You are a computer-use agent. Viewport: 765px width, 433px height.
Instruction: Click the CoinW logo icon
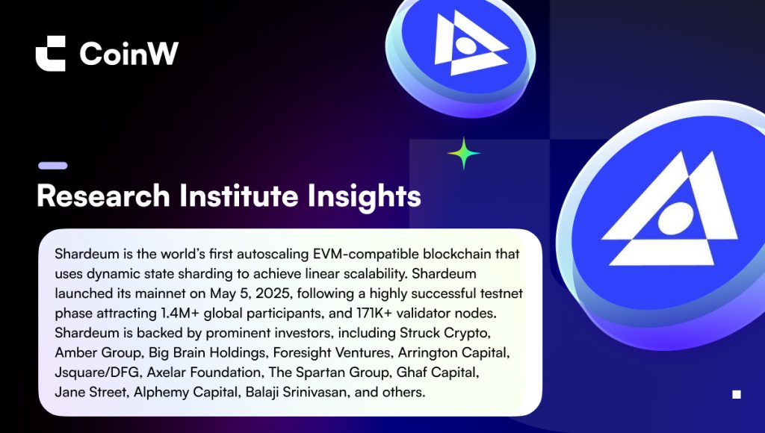[51, 53]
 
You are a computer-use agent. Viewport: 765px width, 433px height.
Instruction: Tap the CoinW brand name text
[129, 53]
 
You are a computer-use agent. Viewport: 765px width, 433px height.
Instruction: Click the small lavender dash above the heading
[53, 166]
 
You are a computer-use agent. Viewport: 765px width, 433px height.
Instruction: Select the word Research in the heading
[103, 196]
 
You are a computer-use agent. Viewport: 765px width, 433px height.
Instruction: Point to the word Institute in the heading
[239, 196]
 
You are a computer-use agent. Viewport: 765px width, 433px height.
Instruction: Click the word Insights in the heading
[365, 197]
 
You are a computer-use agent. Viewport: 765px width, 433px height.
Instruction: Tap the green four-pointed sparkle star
[463, 153]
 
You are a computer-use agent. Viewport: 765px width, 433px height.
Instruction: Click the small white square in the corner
[737, 394]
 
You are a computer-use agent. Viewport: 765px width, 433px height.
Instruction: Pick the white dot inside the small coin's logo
[466, 46]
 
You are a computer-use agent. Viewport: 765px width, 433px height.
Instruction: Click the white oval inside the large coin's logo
[675, 218]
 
